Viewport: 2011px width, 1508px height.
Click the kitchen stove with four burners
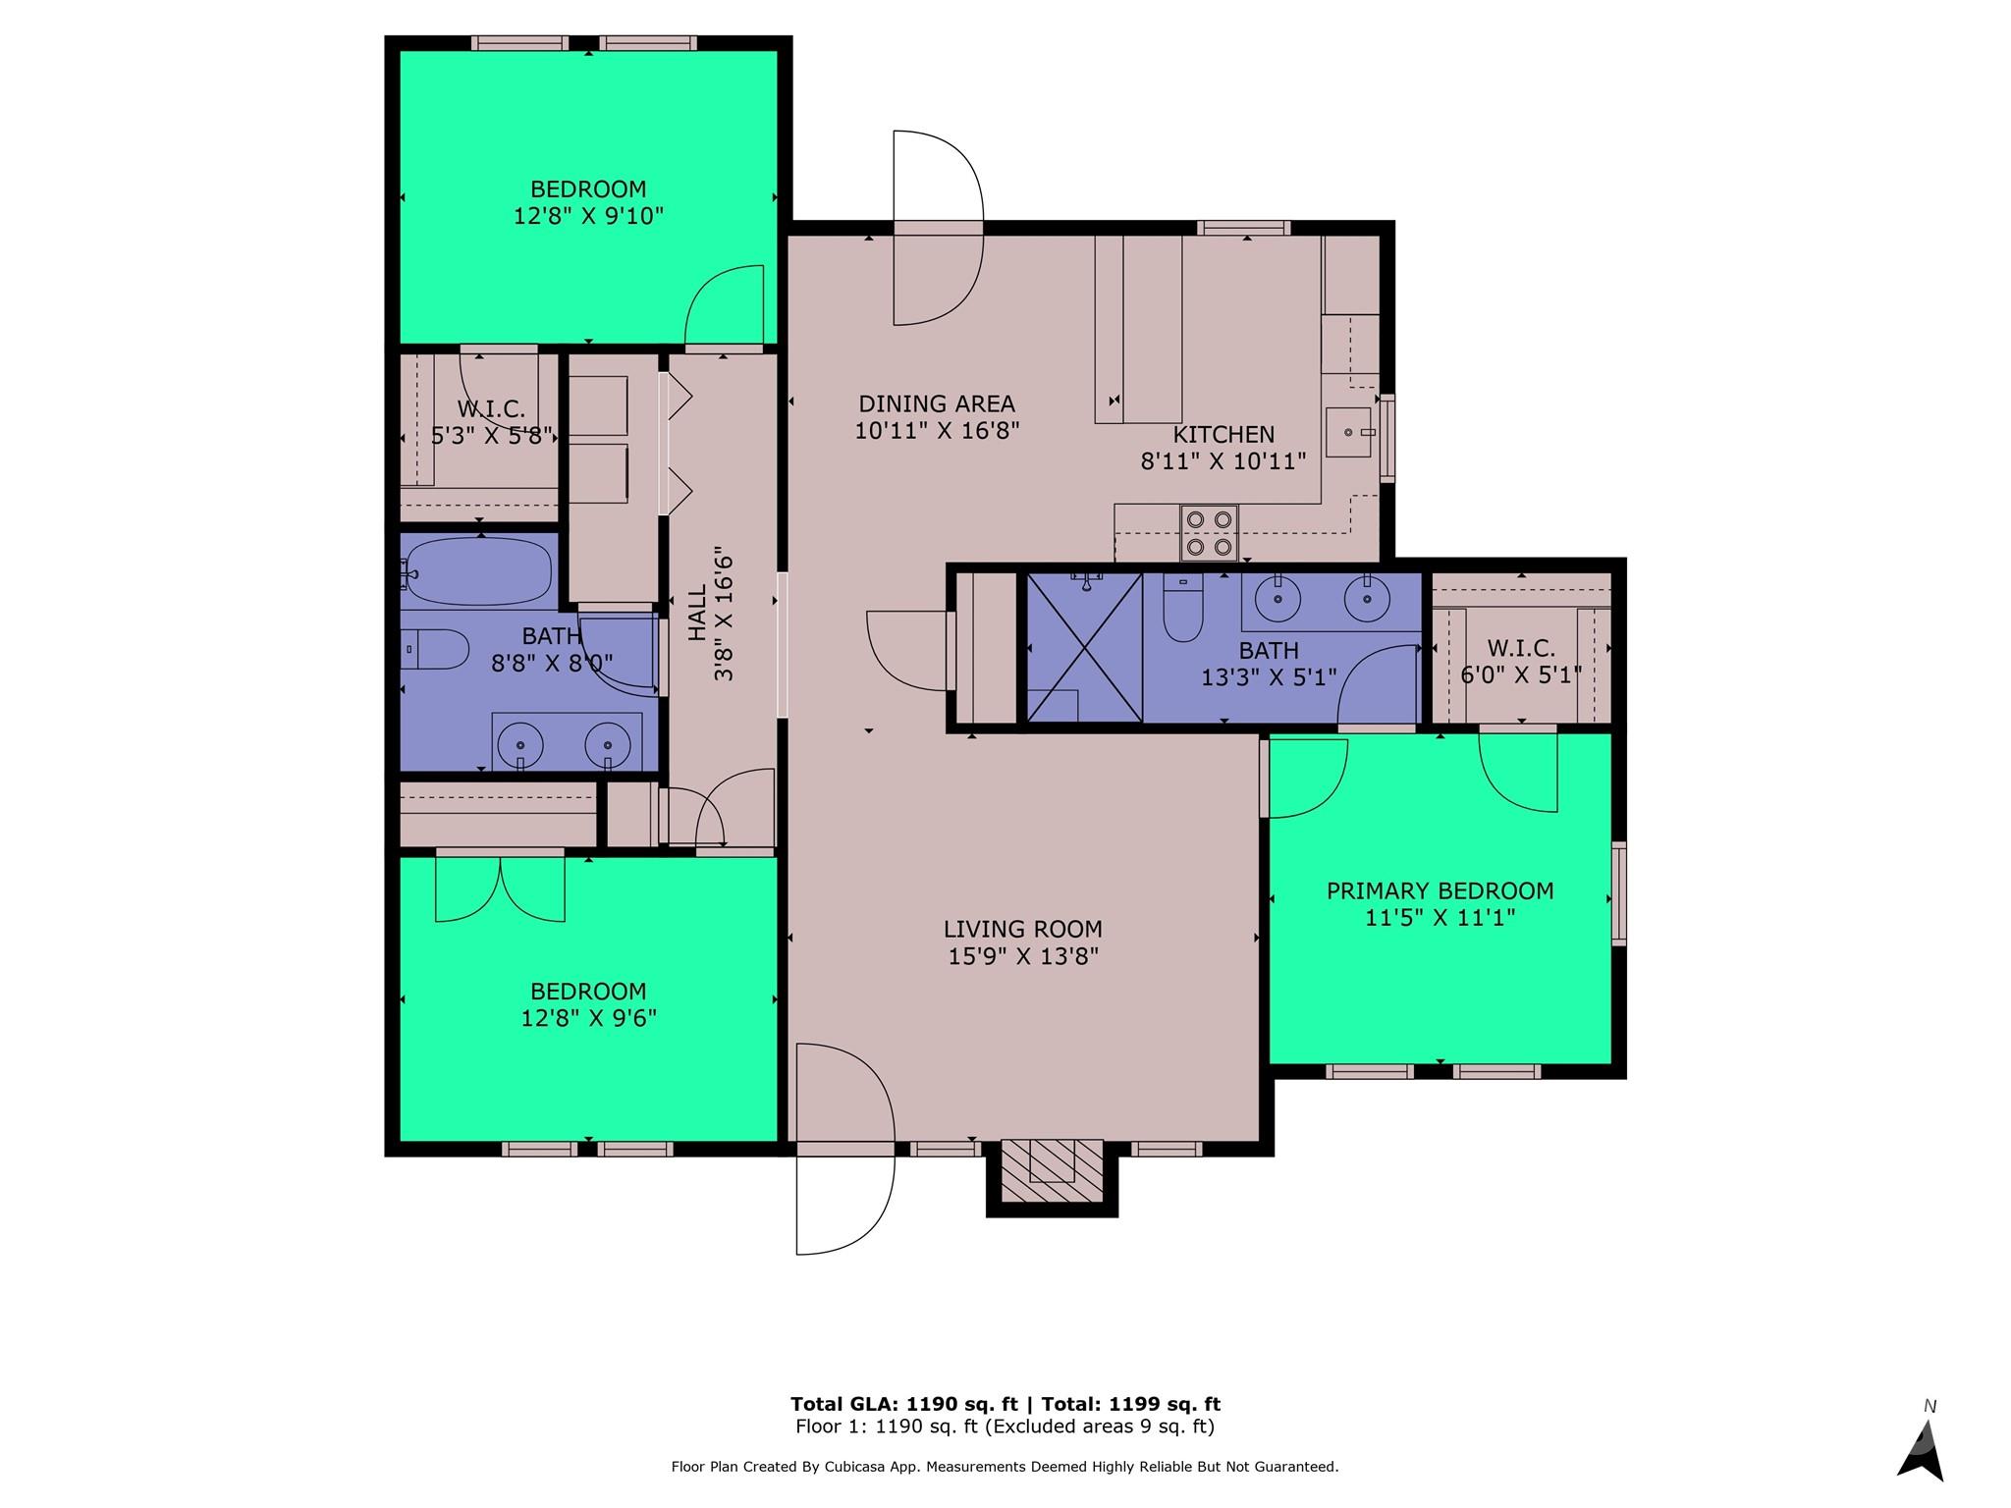[1208, 532]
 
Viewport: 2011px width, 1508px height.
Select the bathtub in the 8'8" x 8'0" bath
[478, 570]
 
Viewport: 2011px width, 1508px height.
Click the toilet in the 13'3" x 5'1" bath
[1182, 609]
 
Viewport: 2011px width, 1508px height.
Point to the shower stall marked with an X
[1083, 648]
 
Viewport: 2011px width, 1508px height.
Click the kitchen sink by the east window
[1348, 433]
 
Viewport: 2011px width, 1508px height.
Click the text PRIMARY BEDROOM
[1440, 890]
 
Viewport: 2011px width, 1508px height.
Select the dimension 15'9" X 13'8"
[1022, 956]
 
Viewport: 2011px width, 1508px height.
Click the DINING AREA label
[936, 404]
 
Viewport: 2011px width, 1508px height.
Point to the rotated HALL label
[697, 614]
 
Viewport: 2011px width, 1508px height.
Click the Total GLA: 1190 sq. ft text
[903, 1404]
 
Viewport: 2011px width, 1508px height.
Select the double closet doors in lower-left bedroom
[500, 889]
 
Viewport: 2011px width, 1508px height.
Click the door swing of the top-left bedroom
[725, 306]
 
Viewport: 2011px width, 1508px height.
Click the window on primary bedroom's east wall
[1619, 892]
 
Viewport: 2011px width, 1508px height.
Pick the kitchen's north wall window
[1243, 228]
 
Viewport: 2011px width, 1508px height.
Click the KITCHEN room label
[1223, 434]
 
